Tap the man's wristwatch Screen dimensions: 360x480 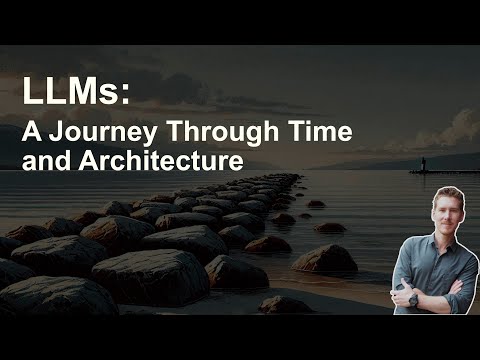pyautogui.click(x=412, y=297)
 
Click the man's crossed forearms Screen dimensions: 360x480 pyautogui.click(x=430, y=292)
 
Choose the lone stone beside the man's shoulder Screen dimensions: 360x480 pyautogui.click(x=326, y=258)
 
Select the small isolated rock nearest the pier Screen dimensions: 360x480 pyautogui.click(x=316, y=203)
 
